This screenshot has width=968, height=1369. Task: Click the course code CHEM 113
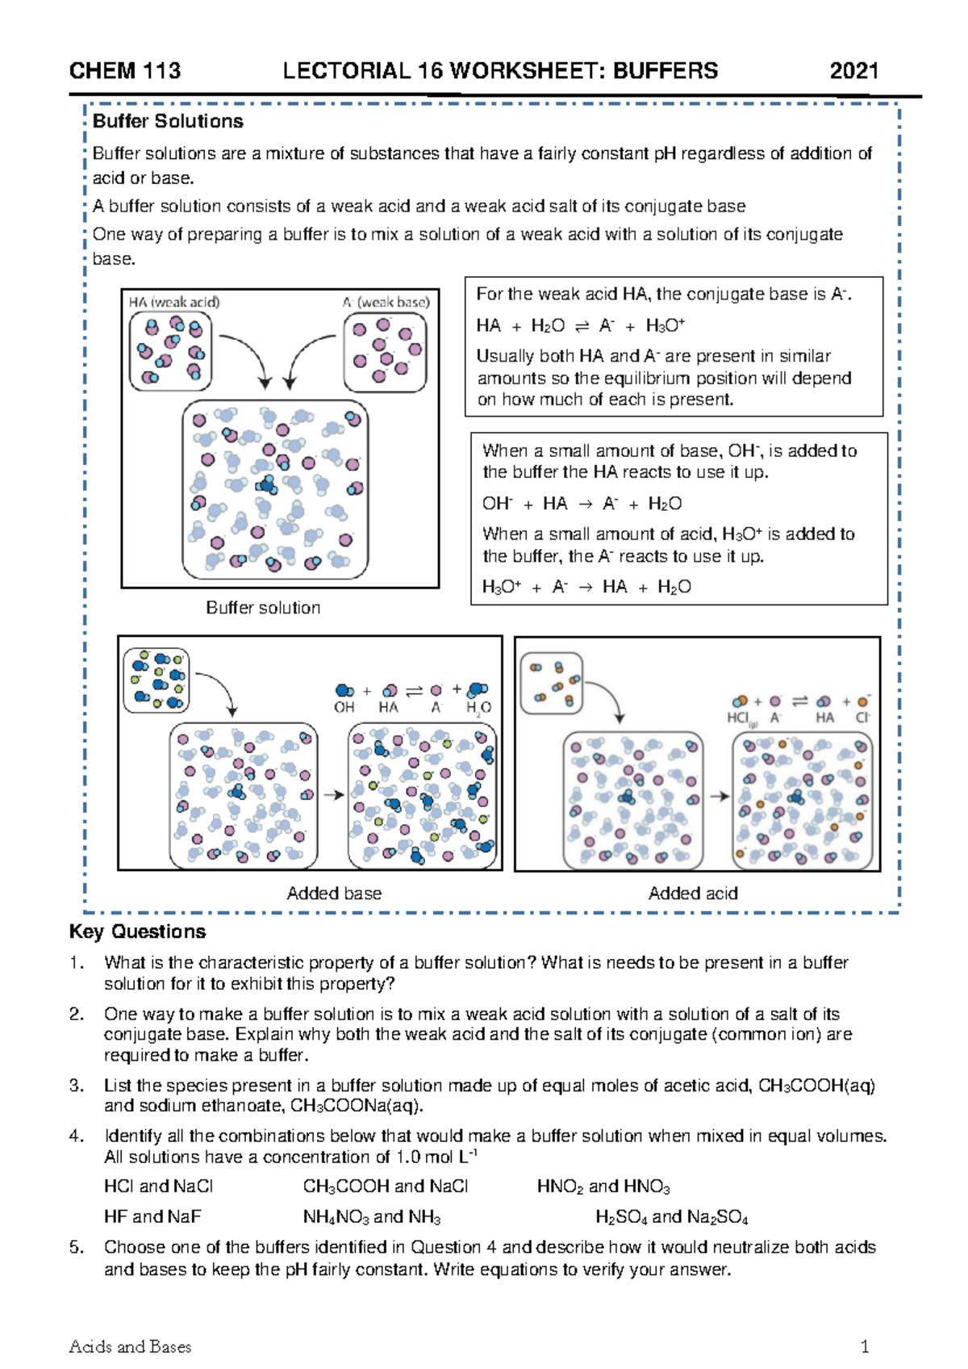click(x=125, y=71)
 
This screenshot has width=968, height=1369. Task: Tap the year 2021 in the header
click(x=853, y=71)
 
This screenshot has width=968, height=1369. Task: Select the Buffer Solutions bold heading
click(x=168, y=122)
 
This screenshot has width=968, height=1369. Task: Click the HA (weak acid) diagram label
click(x=174, y=302)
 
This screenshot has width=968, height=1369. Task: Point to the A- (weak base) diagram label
click(x=386, y=302)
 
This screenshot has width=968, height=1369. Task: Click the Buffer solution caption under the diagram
click(x=263, y=608)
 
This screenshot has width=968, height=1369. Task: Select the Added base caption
click(x=334, y=894)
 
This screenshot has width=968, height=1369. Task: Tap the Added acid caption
click(x=693, y=894)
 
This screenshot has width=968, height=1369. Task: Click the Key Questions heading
click(x=138, y=932)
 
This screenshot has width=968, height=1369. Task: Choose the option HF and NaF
click(x=152, y=1216)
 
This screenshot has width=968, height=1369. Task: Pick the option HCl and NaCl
click(x=158, y=1186)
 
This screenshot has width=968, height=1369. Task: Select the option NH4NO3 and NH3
click(x=372, y=1216)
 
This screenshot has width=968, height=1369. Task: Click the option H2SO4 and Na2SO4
click(x=671, y=1216)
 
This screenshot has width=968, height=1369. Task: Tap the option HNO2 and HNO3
click(x=603, y=1186)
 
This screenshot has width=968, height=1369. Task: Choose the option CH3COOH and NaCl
click(x=386, y=1186)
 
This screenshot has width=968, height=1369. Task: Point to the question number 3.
click(x=76, y=1086)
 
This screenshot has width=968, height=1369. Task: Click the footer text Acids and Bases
click(x=131, y=1346)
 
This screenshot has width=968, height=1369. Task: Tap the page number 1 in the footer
click(x=865, y=1346)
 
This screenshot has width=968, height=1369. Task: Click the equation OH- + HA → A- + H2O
click(x=582, y=504)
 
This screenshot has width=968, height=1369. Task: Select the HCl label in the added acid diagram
click(x=738, y=718)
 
